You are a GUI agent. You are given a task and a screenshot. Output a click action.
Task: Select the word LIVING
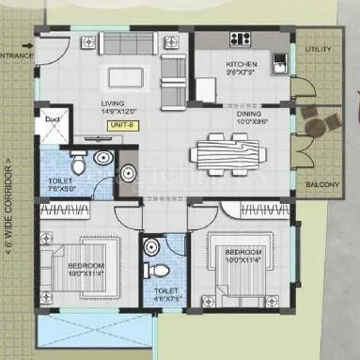point(115,104)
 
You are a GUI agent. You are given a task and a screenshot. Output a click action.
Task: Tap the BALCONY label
point(323,184)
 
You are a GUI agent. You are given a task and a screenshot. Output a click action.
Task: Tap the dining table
point(230,149)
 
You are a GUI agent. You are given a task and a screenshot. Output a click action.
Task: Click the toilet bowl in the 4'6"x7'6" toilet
point(161,271)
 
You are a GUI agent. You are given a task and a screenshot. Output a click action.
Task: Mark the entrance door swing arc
point(53,49)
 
